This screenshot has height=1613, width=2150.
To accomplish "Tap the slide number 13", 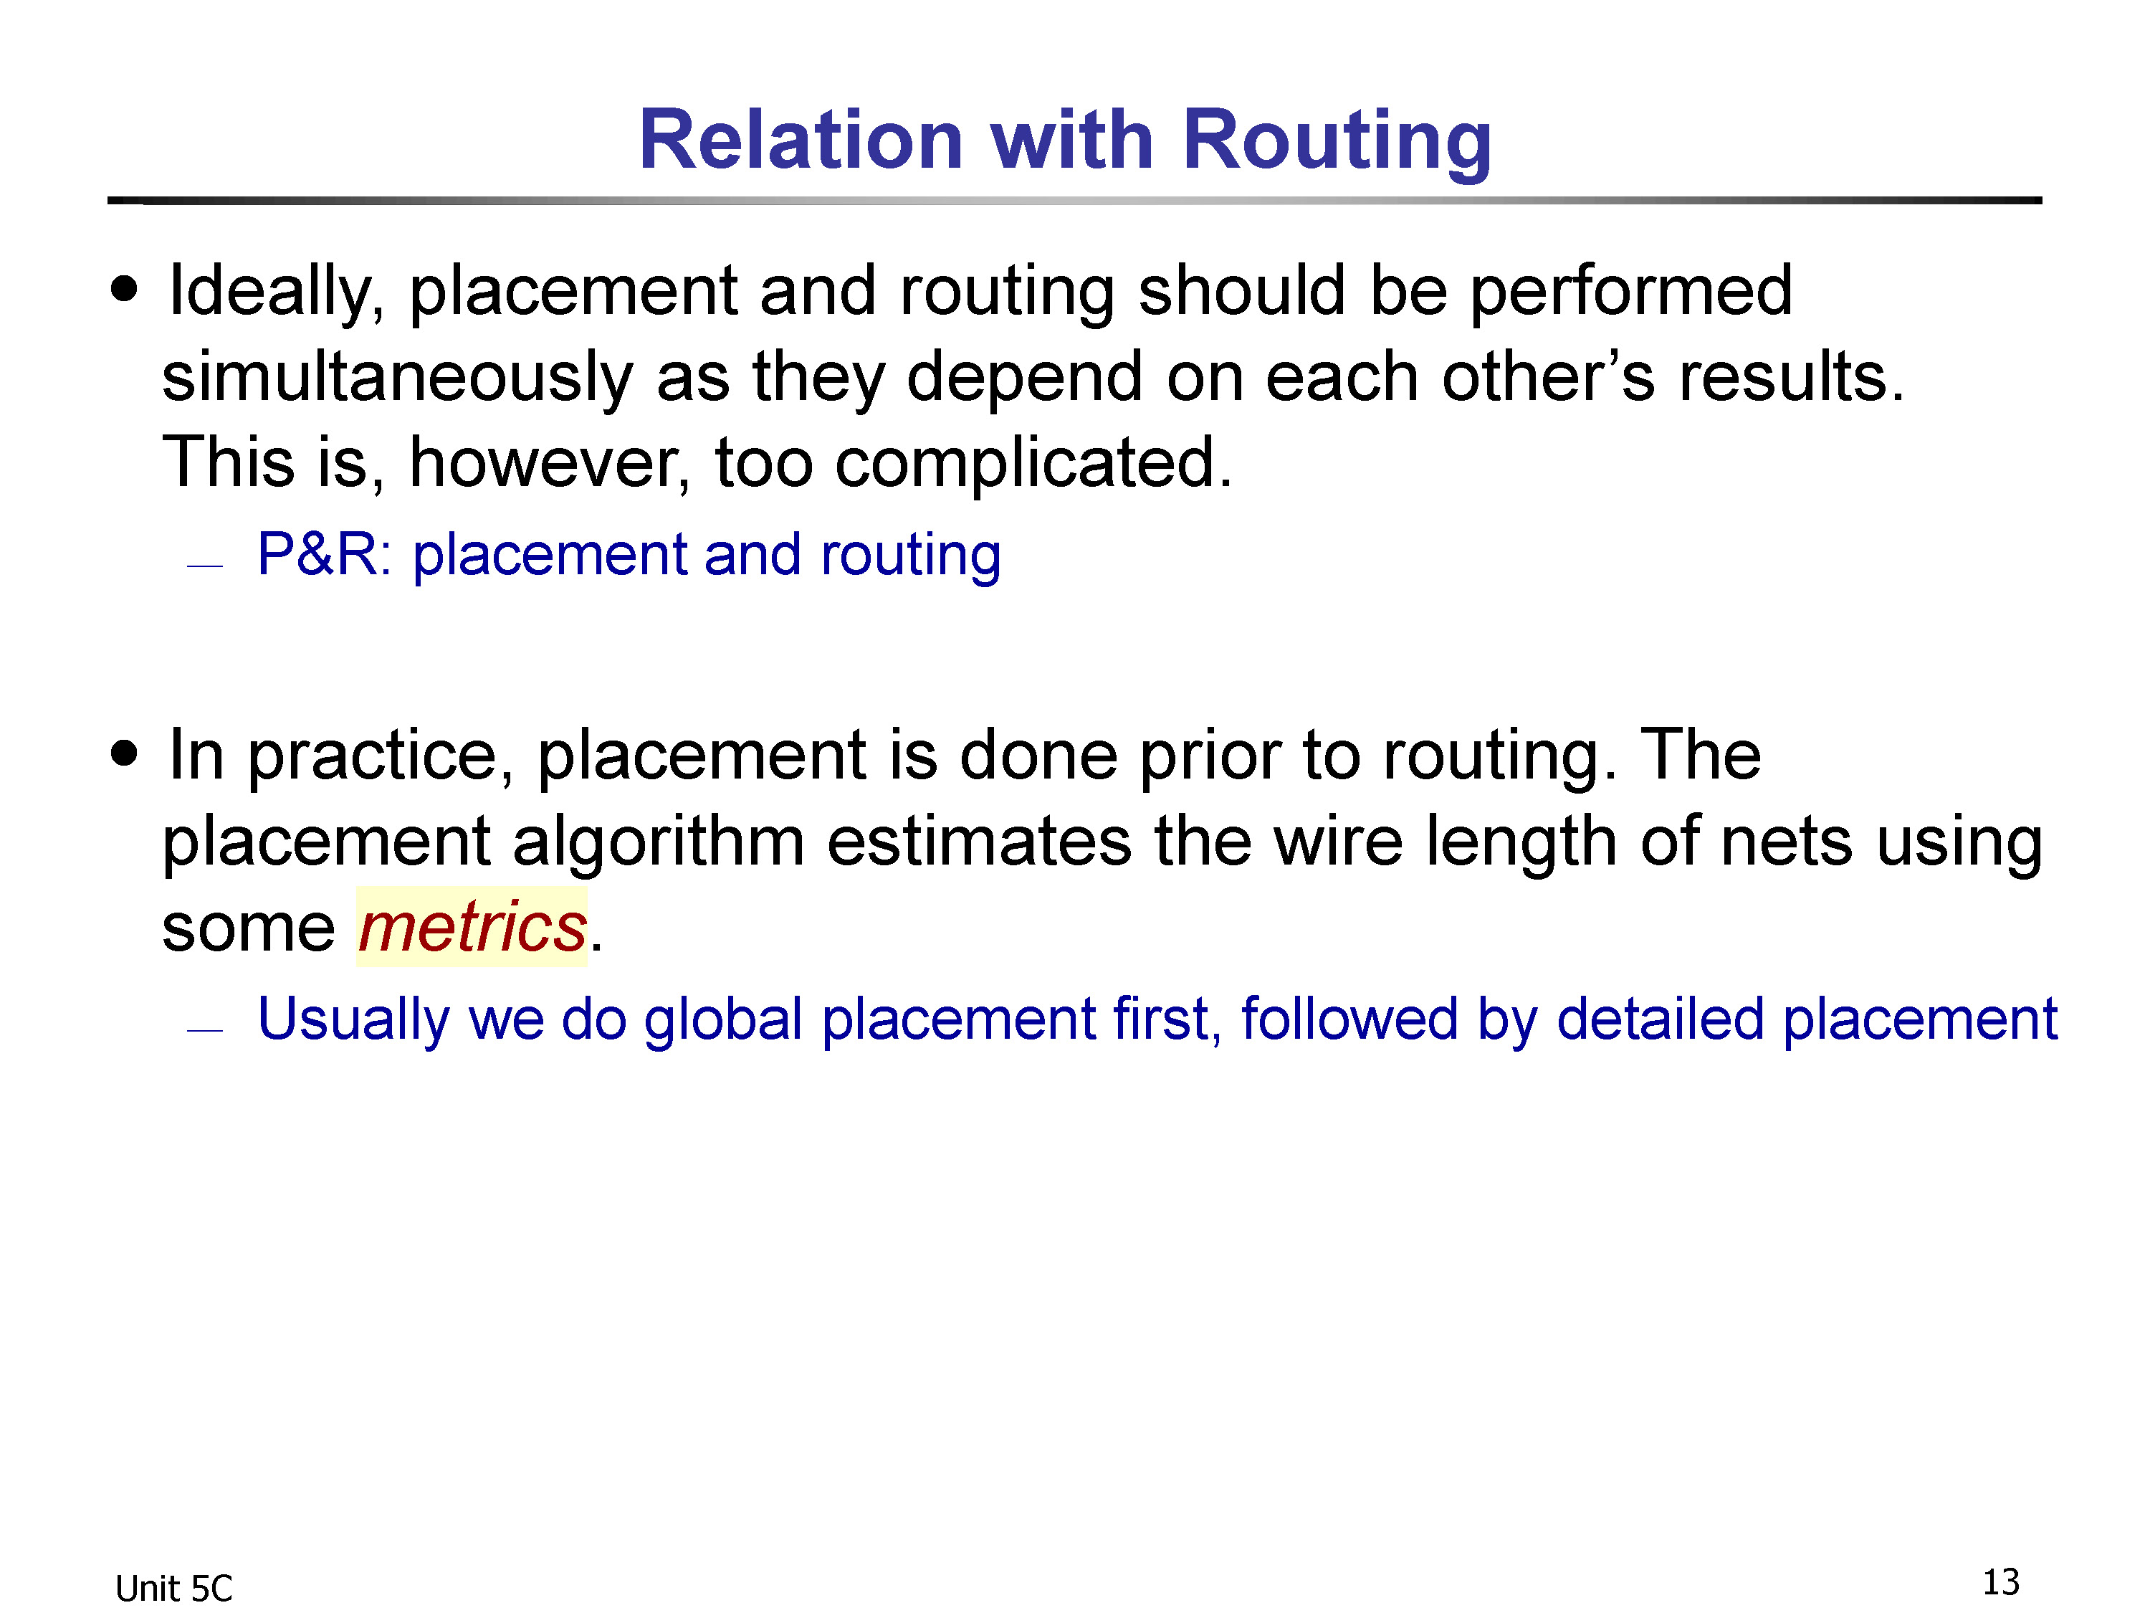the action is pos(2000,1582).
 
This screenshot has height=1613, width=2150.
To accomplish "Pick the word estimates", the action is pos(979,842).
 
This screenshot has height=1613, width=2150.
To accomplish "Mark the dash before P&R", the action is pos(205,565).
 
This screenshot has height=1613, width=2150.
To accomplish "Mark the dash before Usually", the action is pos(205,1029).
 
